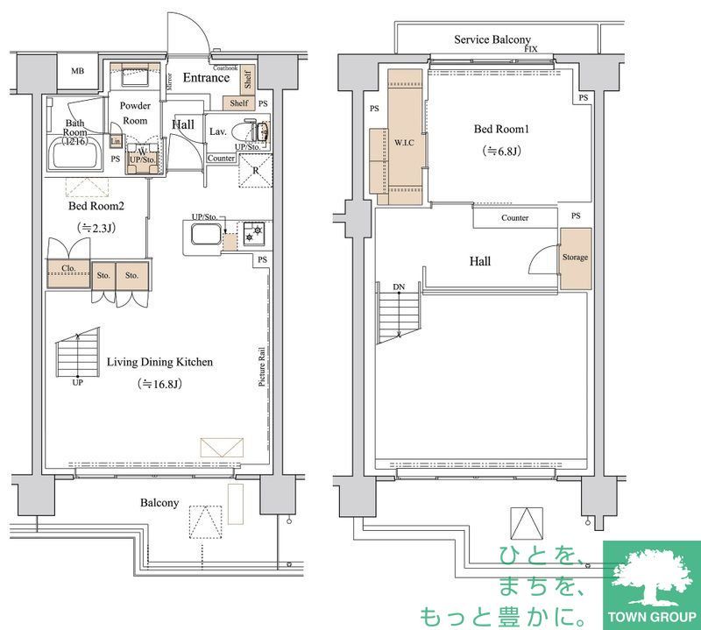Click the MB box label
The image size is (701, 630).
78,72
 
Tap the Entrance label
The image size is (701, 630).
205,78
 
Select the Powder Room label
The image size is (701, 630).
135,113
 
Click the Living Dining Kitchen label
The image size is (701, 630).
159,362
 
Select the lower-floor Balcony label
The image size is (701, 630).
159,503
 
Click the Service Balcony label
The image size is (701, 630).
492,39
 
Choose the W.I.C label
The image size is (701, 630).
404,142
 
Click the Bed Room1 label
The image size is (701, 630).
502,129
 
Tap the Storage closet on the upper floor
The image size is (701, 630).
576,258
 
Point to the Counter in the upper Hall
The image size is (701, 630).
514,217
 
